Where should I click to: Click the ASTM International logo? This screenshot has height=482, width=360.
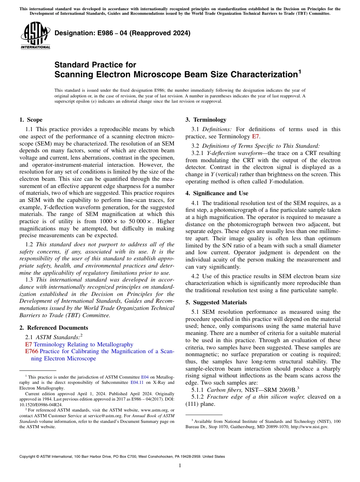coord(35,36)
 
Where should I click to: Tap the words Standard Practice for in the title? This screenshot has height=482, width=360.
coord(95,65)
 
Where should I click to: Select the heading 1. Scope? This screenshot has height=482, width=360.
coord(31,120)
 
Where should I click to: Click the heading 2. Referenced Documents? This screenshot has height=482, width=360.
coord(53,328)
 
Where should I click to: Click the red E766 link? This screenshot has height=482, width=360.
coord(31,351)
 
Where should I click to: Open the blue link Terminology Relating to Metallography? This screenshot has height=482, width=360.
coord(83,344)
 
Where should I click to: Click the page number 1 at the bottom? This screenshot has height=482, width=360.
coord(180,466)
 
